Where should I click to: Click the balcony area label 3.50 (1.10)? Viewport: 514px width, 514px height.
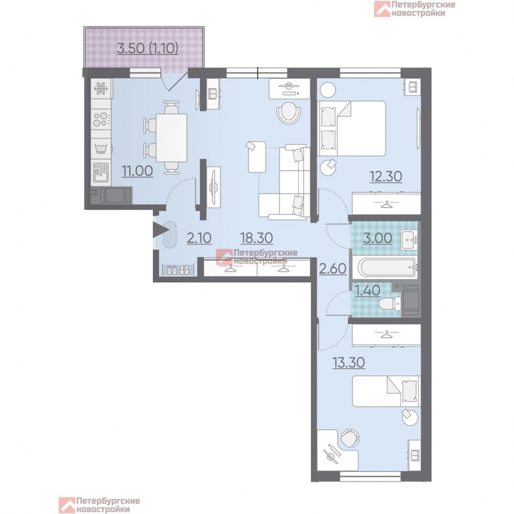tap(147, 49)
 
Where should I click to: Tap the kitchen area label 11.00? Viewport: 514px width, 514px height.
tap(137, 171)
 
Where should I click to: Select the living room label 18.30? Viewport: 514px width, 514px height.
tap(256, 238)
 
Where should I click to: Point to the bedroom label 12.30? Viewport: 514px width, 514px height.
tap(386, 176)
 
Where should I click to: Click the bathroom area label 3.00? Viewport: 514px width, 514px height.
tap(378, 238)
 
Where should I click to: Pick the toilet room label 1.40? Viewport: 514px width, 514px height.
tap(368, 291)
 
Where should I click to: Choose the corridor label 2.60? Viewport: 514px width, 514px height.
tap(333, 269)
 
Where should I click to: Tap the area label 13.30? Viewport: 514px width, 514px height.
tap(349, 363)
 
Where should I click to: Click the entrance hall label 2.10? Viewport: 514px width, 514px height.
tap(199, 238)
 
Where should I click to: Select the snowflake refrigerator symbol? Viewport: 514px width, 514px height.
tap(101, 88)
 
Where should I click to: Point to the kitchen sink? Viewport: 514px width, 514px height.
tap(101, 172)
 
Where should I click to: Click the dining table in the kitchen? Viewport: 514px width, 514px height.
tap(171, 138)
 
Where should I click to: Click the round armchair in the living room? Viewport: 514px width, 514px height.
tap(289, 113)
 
